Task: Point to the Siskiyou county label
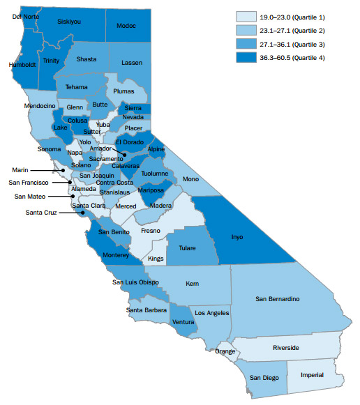[x=69, y=22]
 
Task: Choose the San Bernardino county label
[x=278, y=299]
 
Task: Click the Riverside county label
[x=286, y=347]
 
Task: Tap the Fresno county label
[x=150, y=230]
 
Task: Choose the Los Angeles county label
[x=209, y=314]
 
